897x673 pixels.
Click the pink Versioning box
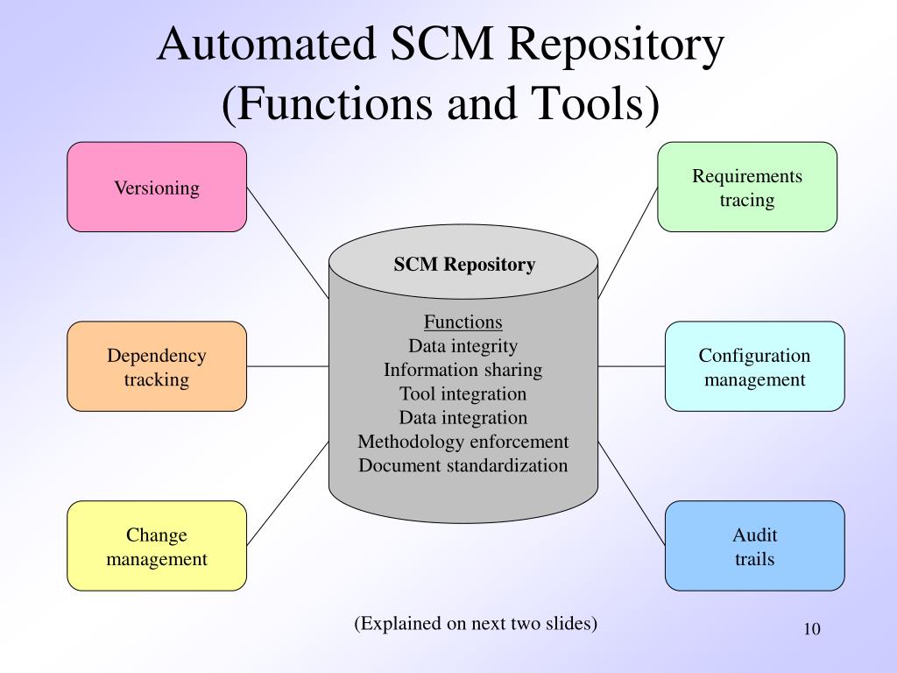157,188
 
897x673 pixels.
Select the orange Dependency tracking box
157,367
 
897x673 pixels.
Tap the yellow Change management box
157,546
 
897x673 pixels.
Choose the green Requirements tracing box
747,188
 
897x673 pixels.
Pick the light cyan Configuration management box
754,367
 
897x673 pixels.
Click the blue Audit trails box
754,546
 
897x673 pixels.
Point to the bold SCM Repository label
463,265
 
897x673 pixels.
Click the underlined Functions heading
463,322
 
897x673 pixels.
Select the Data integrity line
463,345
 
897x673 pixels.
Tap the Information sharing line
463,370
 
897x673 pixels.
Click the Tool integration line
463,393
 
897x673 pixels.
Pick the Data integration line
463,417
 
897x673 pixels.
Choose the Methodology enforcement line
463,442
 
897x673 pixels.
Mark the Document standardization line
463,465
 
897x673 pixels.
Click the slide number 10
810,630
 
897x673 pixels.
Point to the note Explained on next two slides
476,623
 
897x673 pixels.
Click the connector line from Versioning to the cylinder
287,242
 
